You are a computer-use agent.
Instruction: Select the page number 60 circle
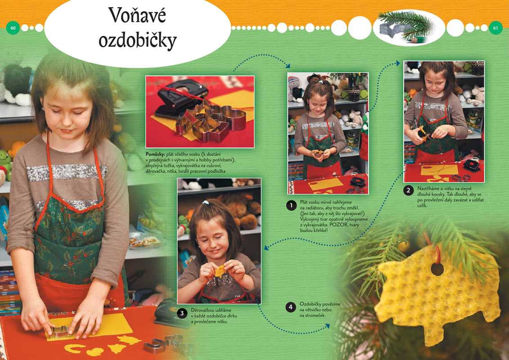(13, 28)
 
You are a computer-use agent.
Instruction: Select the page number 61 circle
(495, 28)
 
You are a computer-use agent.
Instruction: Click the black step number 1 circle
(291, 205)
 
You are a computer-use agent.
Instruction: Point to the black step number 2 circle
(408, 190)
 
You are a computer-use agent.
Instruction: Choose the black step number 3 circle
(182, 313)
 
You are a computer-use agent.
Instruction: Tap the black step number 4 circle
(291, 307)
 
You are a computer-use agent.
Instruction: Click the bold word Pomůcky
(155, 154)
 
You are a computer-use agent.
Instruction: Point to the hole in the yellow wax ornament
(437, 270)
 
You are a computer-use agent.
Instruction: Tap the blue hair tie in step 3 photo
(205, 202)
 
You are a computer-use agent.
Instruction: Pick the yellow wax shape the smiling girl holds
(220, 271)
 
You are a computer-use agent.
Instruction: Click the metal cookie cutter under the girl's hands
(59, 331)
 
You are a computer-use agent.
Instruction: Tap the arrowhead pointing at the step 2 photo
(398, 63)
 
